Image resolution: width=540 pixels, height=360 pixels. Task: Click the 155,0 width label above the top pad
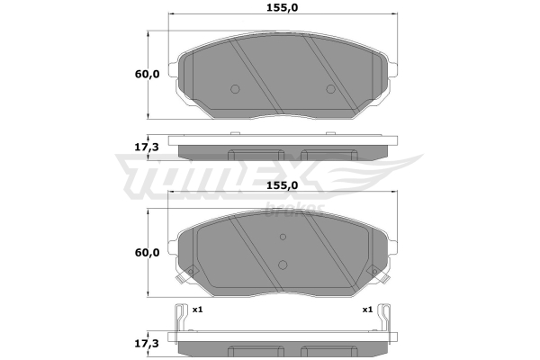pos(282,7)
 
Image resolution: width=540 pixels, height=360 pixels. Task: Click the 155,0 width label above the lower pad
pos(282,185)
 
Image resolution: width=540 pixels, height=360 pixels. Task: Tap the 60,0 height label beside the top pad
pos(147,74)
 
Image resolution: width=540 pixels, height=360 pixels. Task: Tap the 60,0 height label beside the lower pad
pos(147,253)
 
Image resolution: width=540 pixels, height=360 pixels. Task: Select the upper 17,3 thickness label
pos(146,148)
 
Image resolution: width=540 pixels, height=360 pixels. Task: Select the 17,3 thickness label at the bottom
pos(146,344)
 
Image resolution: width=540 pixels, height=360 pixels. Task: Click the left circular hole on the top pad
pos(235,89)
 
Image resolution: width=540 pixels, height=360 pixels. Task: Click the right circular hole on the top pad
pos(330,89)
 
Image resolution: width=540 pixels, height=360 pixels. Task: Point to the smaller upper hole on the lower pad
pos(283,237)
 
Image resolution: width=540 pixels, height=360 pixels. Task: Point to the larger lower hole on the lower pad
pos(283,265)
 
